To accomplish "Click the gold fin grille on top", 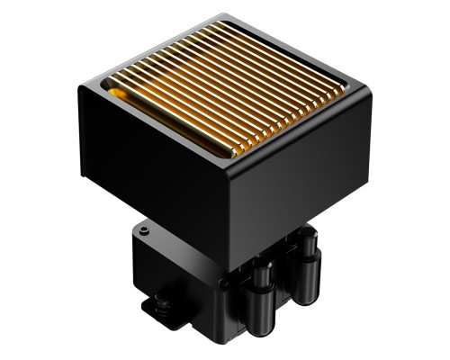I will [225, 85].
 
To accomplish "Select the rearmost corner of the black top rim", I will [220, 16].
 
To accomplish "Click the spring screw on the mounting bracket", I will [163, 304].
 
